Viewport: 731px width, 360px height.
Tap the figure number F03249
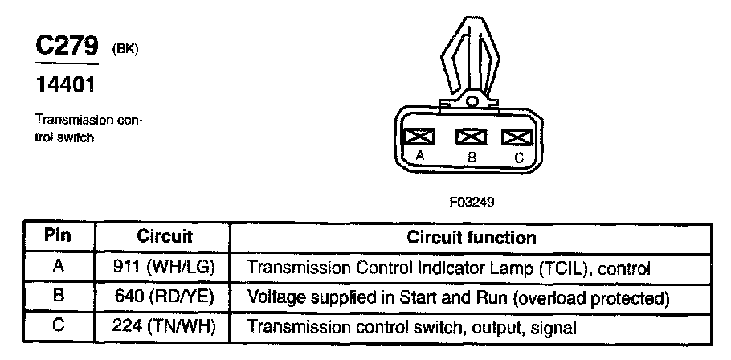[x=472, y=202]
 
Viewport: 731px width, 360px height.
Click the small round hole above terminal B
[x=472, y=102]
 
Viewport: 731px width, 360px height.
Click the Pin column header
[x=58, y=237]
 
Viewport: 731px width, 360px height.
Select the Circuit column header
[x=165, y=237]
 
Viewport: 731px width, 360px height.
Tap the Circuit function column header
[x=472, y=238]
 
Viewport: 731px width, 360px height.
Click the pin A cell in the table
[x=58, y=267]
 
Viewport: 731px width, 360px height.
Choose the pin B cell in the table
[x=58, y=297]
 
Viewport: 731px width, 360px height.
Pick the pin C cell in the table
[x=58, y=327]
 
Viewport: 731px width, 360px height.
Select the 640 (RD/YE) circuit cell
[x=165, y=297]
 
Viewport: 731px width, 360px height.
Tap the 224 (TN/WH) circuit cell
[x=165, y=327]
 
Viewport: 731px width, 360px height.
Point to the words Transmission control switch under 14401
[x=88, y=129]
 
